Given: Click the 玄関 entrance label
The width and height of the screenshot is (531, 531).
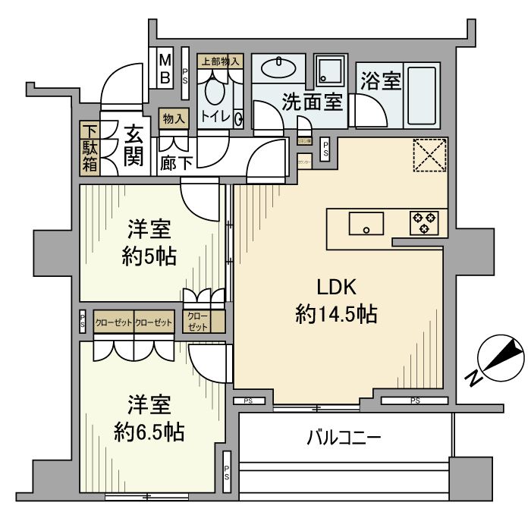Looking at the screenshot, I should point(134,147).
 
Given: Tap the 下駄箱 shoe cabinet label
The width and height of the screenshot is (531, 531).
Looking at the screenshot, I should point(90,146).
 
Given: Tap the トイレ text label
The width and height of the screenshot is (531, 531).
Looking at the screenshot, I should point(216,118).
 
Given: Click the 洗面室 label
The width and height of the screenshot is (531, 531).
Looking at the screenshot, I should point(313,102).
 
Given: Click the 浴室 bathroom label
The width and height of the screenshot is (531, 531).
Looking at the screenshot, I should point(380,81).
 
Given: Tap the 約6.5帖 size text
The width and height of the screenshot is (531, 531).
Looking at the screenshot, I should point(149,432).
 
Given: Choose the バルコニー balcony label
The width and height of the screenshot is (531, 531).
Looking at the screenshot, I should point(344,438).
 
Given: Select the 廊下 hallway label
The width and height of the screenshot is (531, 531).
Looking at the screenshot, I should point(176,163).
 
